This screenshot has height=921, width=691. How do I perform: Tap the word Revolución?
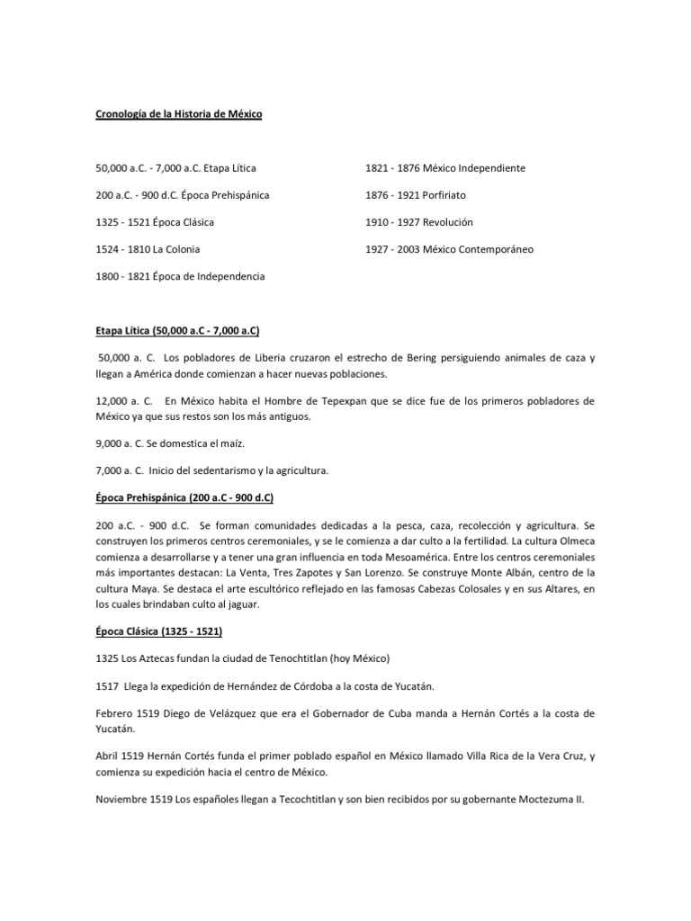(x=447, y=222)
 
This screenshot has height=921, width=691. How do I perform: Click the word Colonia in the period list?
(x=181, y=249)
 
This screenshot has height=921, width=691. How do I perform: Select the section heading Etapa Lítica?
(x=124, y=331)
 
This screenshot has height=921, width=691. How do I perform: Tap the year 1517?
(x=107, y=685)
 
